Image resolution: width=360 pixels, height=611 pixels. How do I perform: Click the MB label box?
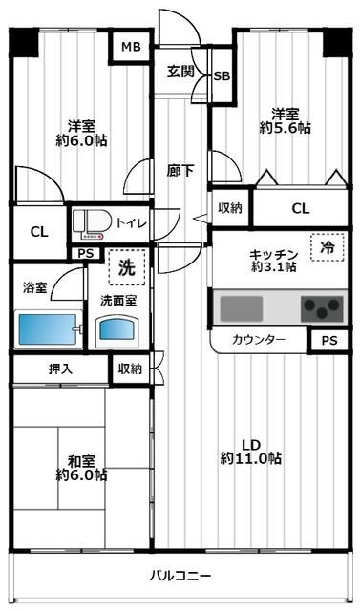coord(127,46)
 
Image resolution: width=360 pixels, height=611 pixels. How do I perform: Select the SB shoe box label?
coord(221,76)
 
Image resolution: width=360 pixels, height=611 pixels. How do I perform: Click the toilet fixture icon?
coord(94,223)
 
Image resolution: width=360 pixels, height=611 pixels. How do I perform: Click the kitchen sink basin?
coord(242,308)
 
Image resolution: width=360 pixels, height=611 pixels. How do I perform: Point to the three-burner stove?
coord(321,308)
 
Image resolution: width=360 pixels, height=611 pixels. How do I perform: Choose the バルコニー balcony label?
coord(180,576)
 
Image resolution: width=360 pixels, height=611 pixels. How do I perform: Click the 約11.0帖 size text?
coord(251,459)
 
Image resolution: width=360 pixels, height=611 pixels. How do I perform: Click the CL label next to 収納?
coord(300,208)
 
